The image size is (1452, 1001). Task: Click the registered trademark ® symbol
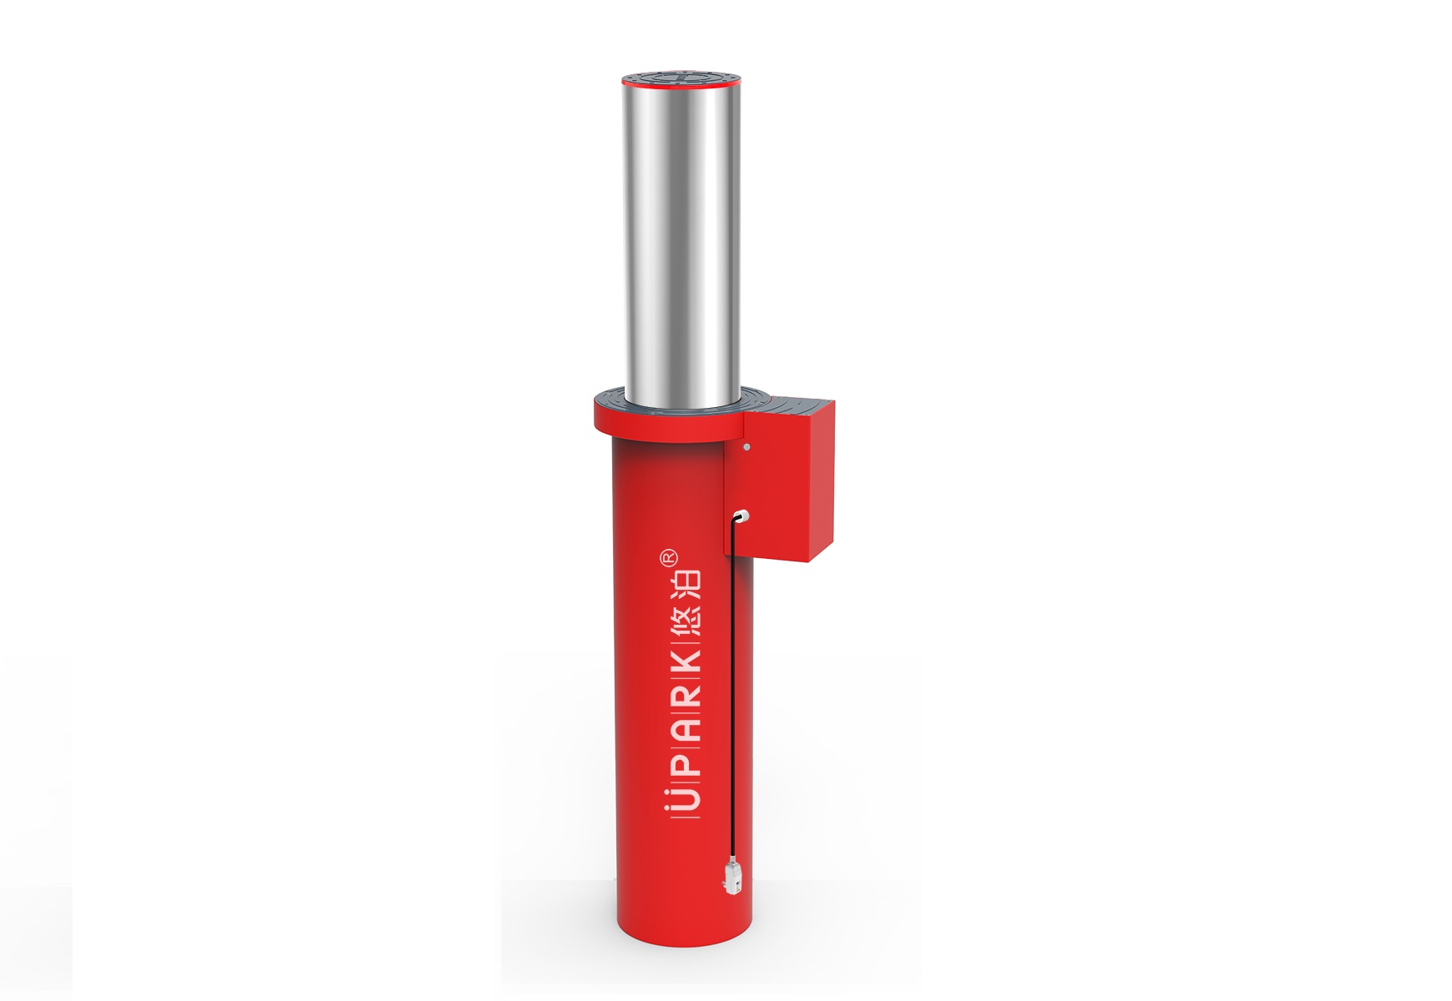[669, 557]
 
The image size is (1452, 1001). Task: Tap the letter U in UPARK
[686, 800]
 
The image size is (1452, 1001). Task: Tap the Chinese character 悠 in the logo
[686, 618]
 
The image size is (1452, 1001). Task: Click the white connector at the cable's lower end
[731, 878]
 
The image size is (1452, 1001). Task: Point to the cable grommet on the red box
[741, 516]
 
